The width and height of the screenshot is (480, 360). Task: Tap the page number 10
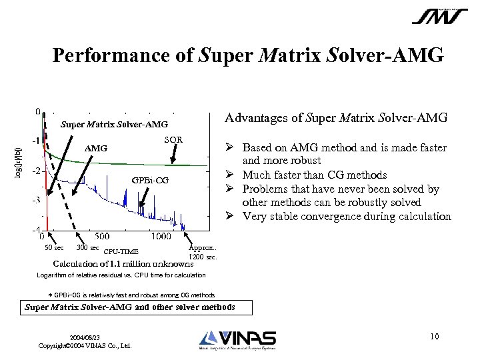pyautogui.click(x=434, y=336)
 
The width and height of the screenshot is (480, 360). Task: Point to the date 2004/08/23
pyautogui.click(x=84, y=337)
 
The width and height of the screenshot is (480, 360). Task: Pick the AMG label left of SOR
pyautogui.click(x=96, y=147)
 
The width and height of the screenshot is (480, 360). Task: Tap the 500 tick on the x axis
pyautogui.click(x=102, y=236)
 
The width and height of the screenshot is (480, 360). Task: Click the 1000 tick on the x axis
pyautogui.click(x=160, y=236)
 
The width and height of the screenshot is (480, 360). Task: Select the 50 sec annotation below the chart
pyautogui.click(x=53, y=248)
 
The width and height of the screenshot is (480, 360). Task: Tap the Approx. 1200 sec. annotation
pyautogui.click(x=203, y=251)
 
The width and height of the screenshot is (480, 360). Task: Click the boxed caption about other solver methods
pyautogui.click(x=138, y=307)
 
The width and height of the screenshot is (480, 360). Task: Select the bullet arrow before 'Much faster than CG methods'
pyautogui.click(x=227, y=175)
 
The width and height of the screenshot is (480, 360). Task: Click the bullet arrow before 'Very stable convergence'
pyautogui.click(x=227, y=216)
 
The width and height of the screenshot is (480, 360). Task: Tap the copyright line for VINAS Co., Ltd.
pyautogui.click(x=85, y=345)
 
